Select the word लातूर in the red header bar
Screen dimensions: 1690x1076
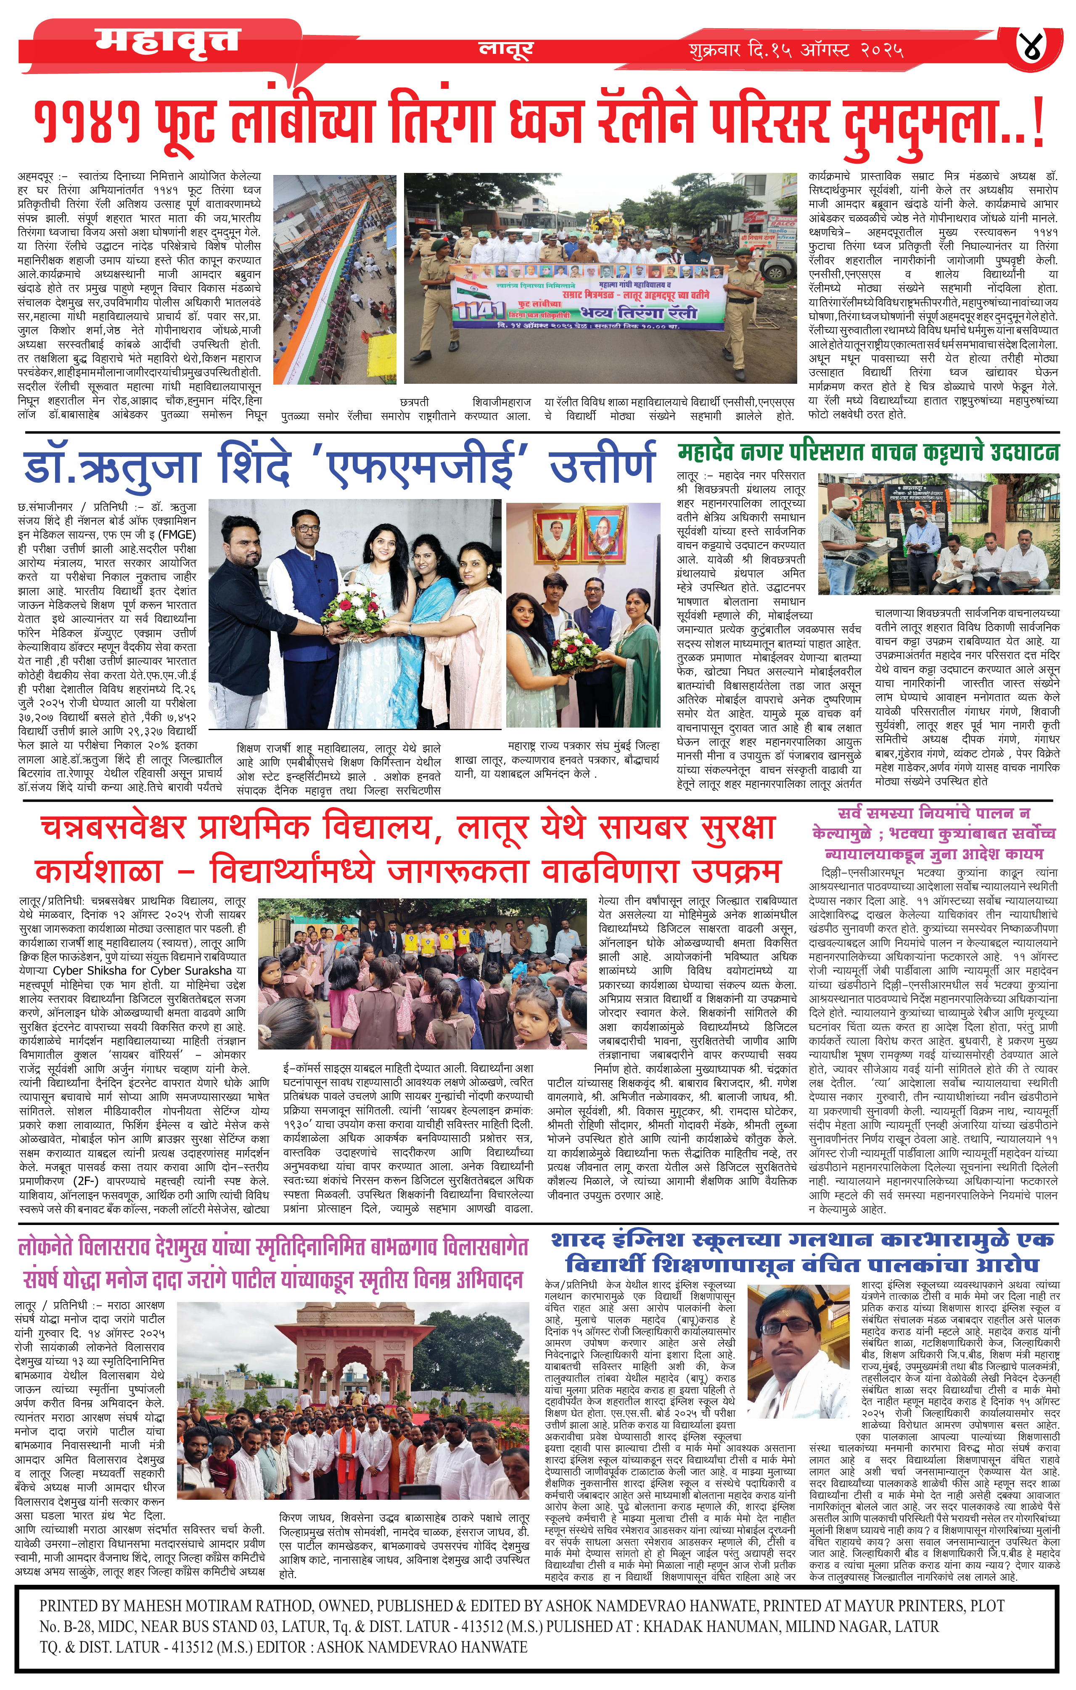506,48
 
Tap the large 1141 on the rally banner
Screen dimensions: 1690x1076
479,309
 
